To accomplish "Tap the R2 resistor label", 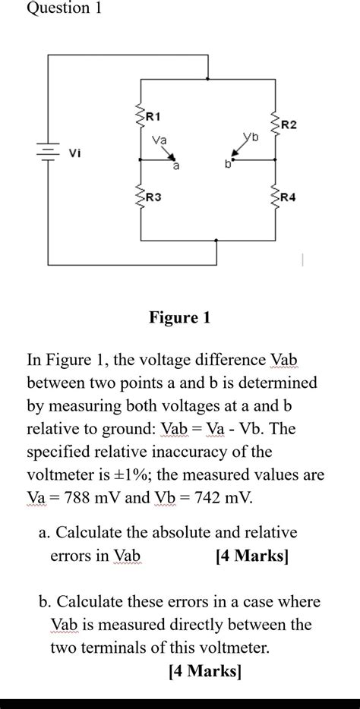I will pos(289,123).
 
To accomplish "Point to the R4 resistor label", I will pos(289,197).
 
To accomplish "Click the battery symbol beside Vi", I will pos(47,151).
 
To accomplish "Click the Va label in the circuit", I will pos(159,140).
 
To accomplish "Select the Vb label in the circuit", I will pos(251,139).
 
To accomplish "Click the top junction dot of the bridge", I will pos(207,77).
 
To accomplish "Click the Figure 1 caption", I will pos(179,317).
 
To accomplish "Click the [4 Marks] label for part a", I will pos(252,556).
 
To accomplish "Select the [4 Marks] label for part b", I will pos(204,671).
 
